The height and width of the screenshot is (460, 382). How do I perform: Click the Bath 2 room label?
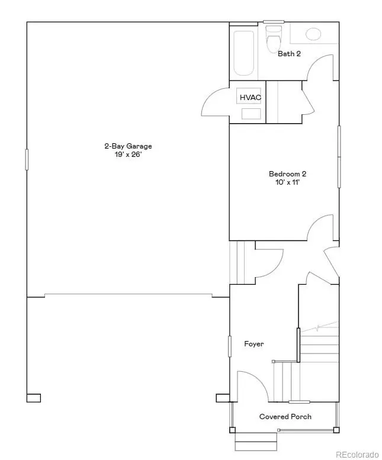(290, 54)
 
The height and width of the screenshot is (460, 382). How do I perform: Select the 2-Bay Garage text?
(124, 146)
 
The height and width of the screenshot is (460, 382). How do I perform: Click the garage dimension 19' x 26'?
(124, 155)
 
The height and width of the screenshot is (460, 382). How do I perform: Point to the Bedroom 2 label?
(287, 173)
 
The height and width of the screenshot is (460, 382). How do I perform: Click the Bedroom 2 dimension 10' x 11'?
(287, 182)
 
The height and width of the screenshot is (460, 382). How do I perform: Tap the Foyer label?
(254, 344)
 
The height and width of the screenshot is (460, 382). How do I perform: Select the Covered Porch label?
(285, 417)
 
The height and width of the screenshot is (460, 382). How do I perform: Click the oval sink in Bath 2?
(314, 34)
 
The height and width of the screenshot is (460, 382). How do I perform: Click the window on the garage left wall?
(27, 159)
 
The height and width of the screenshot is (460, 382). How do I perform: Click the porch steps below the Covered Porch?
(256, 441)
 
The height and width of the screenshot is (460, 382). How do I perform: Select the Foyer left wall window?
(230, 346)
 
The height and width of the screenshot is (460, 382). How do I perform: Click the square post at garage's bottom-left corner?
(34, 398)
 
